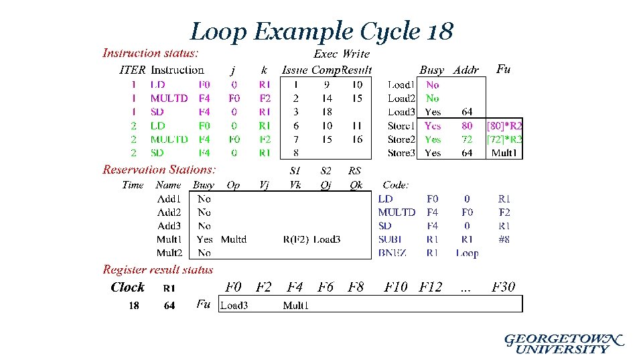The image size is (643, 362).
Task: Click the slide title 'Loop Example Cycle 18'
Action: (x=321, y=31)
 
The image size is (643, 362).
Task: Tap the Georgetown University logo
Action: (x=564, y=343)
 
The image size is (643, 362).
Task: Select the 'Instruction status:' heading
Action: (x=150, y=53)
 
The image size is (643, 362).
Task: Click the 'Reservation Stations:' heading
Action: (x=159, y=170)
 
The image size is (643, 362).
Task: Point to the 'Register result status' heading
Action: (x=158, y=269)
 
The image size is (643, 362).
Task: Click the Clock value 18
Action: (x=134, y=306)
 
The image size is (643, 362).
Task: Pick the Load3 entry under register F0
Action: (x=234, y=306)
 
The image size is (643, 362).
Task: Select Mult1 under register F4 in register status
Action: (x=295, y=306)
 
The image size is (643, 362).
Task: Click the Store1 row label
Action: (x=401, y=126)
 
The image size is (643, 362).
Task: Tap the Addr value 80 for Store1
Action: (x=467, y=126)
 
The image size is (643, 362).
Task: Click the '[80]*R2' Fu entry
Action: (x=504, y=126)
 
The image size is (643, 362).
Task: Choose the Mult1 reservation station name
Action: (x=169, y=239)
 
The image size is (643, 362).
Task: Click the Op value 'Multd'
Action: (x=233, y=239)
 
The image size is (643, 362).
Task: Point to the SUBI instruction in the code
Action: (x=390, y=239)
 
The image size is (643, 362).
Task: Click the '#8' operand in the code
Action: (x=504, y=239)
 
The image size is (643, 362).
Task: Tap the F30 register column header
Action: (x=503, y=287)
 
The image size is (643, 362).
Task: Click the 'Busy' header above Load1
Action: (x=432, y=70)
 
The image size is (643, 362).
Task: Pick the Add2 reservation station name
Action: (x=169, y=213)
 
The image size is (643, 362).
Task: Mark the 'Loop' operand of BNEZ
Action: (x=467, y=253)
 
